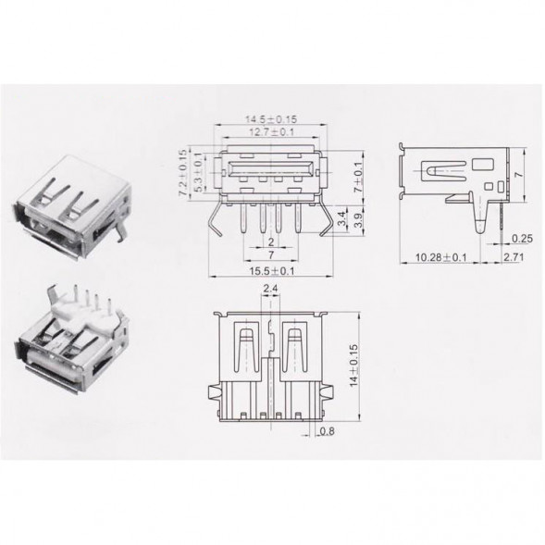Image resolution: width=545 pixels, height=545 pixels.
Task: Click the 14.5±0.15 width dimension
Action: pyautogui.click(x=271, y=119)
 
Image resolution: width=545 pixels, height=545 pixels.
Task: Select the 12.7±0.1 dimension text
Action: pyautogui.click(x=271, y=132)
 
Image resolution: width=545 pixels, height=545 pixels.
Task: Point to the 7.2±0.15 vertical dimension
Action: pyautogui.click(x=183, y=173)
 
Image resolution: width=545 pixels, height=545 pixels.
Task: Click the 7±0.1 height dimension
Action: pyautogui.click(x=357, y=178)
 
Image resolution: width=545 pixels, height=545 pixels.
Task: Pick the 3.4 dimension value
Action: pyautogui.click(x=342, y=218)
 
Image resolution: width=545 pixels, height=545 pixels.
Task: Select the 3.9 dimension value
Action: pyautogui.click(x=358, y=219)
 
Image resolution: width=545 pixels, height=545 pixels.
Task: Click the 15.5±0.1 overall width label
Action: pyautogui.click(x=271, y=271)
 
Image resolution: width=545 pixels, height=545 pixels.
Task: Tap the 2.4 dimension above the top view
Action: pyautogui.click(x=270, y=289)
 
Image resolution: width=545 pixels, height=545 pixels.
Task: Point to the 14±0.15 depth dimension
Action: pyautogui.click(x=353, y=365)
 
